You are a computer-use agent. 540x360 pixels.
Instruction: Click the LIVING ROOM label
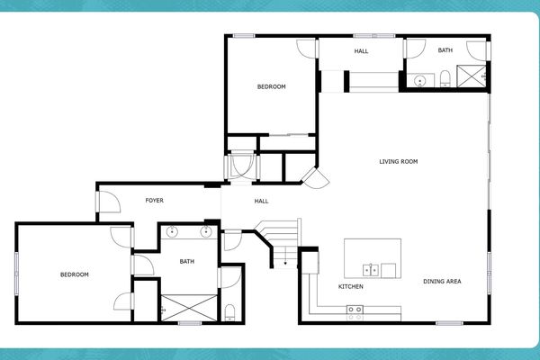398,162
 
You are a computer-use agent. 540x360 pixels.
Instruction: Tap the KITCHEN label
351,287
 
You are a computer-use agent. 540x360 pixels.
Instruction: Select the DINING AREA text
442,282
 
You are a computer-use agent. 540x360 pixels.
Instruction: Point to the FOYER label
155,200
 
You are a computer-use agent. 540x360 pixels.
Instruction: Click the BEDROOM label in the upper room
271,86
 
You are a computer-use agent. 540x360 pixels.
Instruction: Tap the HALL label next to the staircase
261,201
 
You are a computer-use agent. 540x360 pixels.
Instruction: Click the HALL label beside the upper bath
361,51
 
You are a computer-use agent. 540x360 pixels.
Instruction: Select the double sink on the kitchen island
370,268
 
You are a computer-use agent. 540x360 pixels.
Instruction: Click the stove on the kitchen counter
355,310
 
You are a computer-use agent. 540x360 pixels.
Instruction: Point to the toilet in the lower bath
229,312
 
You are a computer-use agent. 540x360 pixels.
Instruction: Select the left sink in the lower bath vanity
173,232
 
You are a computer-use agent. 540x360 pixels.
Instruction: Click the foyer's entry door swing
108,203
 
